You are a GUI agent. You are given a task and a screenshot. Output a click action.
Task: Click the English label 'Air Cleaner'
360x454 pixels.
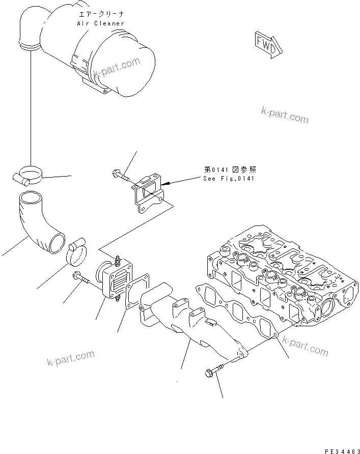point(100,23)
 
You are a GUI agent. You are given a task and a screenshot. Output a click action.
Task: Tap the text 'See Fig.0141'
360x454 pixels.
point(229,179)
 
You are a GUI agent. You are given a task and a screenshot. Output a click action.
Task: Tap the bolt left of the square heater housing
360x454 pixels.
point(80,278)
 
